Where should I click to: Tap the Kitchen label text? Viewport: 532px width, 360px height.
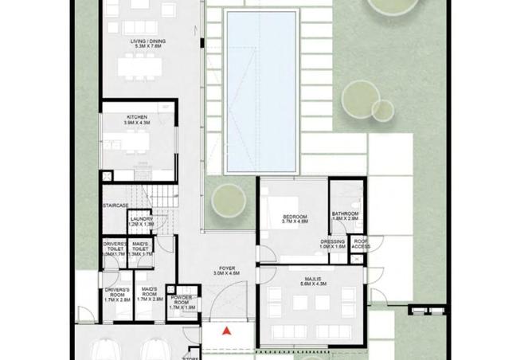(x=135, y=117)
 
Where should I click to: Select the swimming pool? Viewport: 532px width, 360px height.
(x=262, y=92)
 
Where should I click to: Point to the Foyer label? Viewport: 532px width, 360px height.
(x=226, y=268)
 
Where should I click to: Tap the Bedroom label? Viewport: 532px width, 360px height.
(x=295, y=217)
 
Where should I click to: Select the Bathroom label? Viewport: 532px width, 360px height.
(x=345, y=214)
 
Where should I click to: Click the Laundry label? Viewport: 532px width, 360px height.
(x=142, y=219)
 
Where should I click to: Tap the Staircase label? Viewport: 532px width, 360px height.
(x=115, y=205)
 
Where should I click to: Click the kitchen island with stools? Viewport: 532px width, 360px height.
(x=136, y=144)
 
